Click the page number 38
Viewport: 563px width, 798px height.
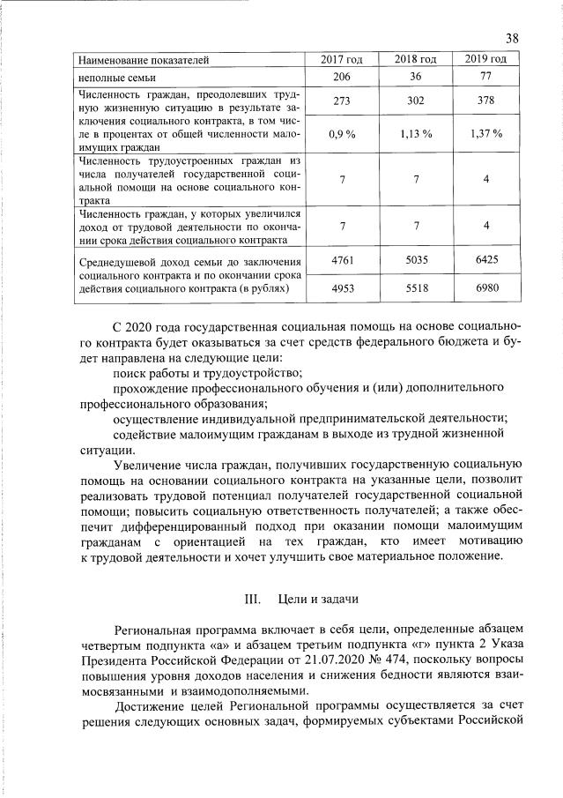(513, 38)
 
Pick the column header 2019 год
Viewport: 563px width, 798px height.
(485, 60)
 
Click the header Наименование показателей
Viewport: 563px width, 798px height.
(144, 61)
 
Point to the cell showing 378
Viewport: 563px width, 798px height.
(485, 101)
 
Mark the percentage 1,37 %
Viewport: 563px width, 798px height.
(485, 134)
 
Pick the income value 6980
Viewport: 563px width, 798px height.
(485, 287)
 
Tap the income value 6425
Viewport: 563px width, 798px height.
(485, 261)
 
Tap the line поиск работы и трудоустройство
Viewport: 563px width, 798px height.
(207, 373)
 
